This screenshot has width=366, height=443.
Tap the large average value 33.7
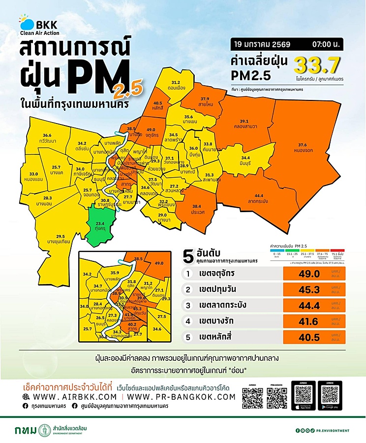coord(317,64)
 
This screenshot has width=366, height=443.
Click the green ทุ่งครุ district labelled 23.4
coord(100,225)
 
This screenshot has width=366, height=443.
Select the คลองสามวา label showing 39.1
coord(247,124)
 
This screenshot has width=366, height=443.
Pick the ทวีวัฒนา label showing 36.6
coord(47,138)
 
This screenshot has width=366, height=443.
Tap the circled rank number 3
coord(187,306)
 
